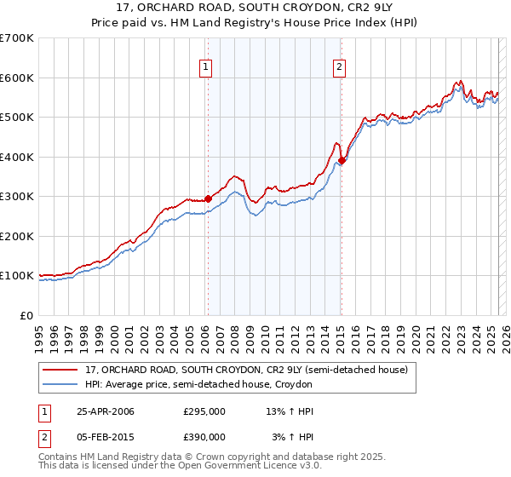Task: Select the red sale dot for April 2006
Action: [208, 198]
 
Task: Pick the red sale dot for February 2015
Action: [342, 160]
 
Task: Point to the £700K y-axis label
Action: [17, 38]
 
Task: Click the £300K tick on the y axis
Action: [17, 197]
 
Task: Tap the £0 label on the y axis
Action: [27, 315]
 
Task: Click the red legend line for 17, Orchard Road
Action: [61, 370]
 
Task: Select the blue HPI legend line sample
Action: [61, 384]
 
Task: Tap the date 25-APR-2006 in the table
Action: [106, 411]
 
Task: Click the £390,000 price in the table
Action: [204, 436]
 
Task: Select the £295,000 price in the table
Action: [204, 411]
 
